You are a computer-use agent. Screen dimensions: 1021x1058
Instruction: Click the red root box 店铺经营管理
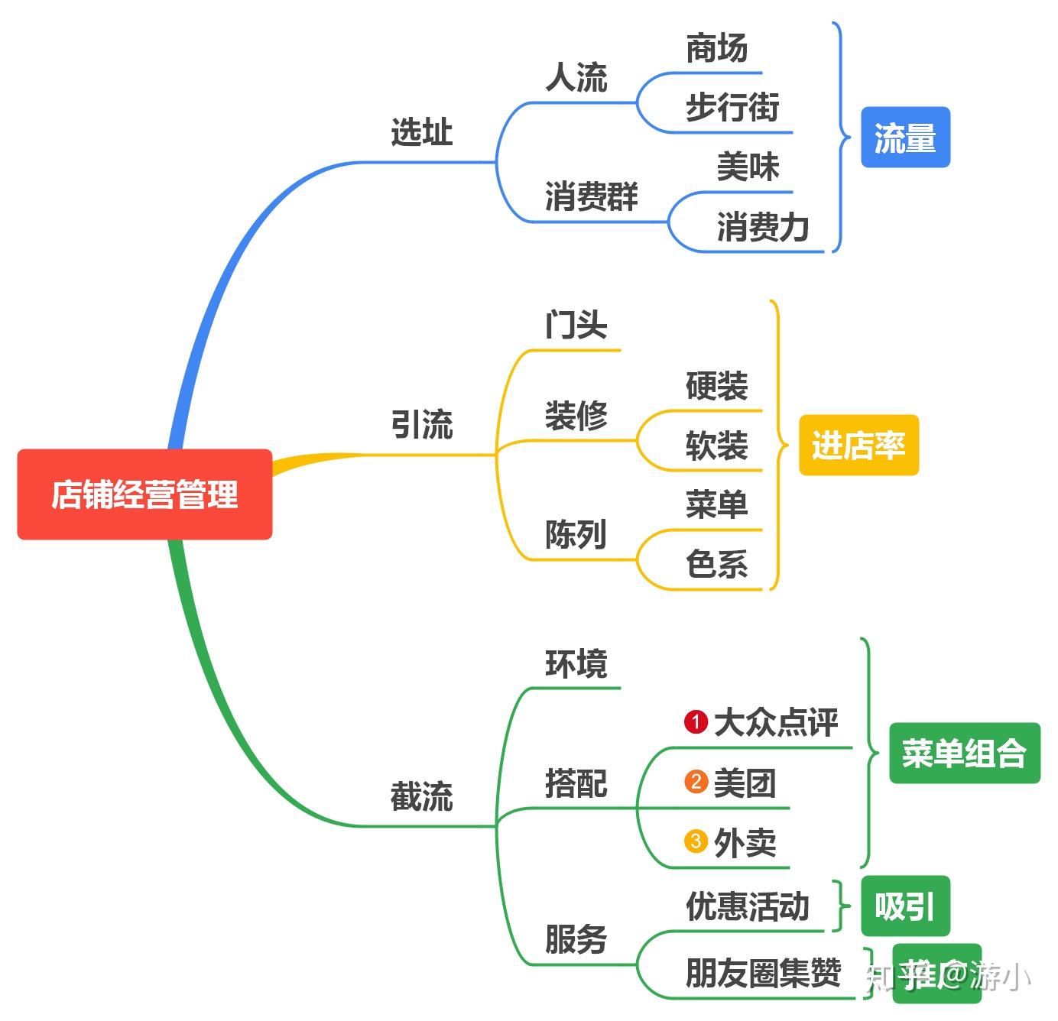tap(144, 494)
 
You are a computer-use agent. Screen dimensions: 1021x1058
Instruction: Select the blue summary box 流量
tap(905, 138)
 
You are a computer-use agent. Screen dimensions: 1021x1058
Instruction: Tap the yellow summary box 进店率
tap(858, 446)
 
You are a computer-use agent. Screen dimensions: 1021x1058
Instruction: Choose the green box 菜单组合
tap(964, 753)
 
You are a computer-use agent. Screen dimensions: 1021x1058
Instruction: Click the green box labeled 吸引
tap(905, 906)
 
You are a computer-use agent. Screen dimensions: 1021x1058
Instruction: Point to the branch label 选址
tap(421, 132)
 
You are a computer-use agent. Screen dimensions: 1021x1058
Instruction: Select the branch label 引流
tap(421, 424)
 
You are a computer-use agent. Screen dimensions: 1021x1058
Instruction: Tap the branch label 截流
tap(421, 796)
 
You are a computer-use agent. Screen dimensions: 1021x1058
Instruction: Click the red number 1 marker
tap(696, 721)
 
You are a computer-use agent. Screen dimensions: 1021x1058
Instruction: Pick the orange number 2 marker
tap(696, 782)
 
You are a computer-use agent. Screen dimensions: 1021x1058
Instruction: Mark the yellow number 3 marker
tap(696, 841)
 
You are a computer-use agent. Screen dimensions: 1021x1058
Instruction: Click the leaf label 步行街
tap(732, 107)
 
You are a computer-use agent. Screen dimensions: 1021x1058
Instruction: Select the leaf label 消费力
tap(762, 227)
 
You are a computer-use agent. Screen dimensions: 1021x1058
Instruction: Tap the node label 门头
tap(576, 325)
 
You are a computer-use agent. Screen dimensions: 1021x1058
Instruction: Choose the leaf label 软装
tap(716, 446)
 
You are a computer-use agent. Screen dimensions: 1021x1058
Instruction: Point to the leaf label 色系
tap(716, 565)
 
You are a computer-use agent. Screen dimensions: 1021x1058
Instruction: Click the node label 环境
tap(576, 663)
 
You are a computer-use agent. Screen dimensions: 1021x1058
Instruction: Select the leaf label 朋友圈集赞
tap(763, 973)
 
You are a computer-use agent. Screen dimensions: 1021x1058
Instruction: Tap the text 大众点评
tap(776, 722)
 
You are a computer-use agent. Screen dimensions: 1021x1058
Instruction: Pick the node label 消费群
tap(591, 196)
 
